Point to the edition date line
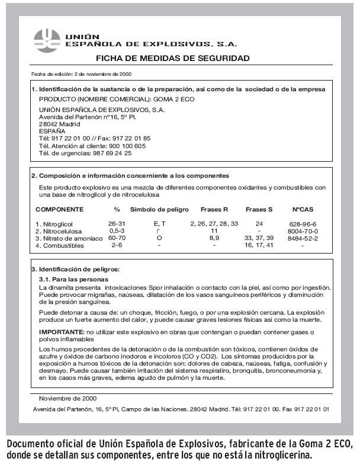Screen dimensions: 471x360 pyautogui.click(x=81, y=74)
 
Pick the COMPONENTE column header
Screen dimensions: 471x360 pyautogui.click(x=60, y=209)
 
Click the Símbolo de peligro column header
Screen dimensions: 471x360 pyautogui.click(x=159, y=209)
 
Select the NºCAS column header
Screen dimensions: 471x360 pyautogui.click(x=302, y=209)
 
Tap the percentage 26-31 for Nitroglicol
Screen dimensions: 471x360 pyautogui.click(x=116, y=223)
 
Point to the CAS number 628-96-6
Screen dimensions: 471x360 pyautogui.click(x=302, y=223)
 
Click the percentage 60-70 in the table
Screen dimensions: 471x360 pyautogui.click(x=116, y=238)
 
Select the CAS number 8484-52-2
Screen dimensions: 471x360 pyautogui.click(x=302, y=238)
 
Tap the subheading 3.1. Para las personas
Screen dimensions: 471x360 pyautogui.click(x=73, y=278)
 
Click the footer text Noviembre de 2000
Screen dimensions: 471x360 pyautogui.click(x=69, y=398)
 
